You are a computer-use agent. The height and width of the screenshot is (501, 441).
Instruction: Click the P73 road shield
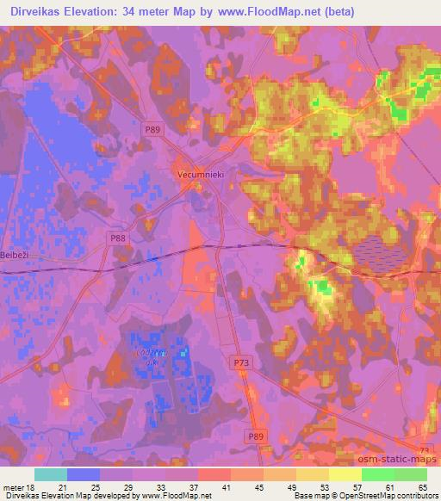(242, 363)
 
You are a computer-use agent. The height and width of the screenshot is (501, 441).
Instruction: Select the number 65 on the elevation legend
(420, 486)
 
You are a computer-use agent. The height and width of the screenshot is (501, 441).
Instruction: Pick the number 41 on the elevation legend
(225, 486)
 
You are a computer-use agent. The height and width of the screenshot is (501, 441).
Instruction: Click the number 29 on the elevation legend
(127, 486)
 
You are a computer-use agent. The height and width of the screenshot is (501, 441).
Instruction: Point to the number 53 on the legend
(323, 486)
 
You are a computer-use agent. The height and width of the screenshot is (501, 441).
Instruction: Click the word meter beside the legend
(11, 486)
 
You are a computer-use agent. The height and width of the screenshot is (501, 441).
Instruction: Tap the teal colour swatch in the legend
(51, 474)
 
